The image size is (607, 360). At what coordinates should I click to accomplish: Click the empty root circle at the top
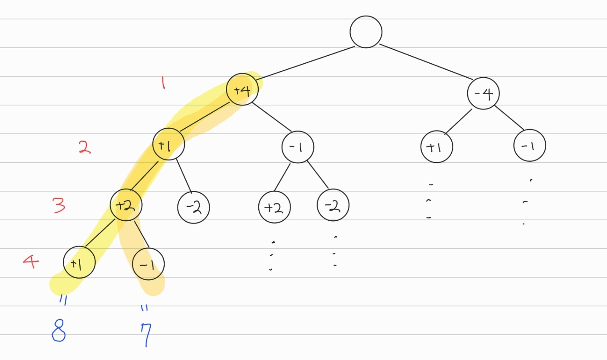click(x=366, y=32)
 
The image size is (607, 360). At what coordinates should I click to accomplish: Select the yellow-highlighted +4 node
click(x=242, y=89)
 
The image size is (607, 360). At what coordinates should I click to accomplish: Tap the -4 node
click(x=483, y=93)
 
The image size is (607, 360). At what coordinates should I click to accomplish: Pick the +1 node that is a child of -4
click(x=436, y=147)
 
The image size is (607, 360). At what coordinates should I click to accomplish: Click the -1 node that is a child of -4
click(x=529, y=146)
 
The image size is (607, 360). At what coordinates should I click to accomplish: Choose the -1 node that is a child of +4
click(x=298, y=147)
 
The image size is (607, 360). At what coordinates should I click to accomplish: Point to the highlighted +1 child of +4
click(x=168, y=144)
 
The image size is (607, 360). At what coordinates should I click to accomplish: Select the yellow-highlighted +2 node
click(x=126, y=205)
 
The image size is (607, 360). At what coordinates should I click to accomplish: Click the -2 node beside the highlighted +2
click(x=194, y=207)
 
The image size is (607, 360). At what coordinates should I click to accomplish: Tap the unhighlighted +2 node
click(x=274, y=207)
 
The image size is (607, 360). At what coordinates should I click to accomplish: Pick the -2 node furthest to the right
click(x=333, y=205)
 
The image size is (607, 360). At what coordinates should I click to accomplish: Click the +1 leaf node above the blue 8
click(x=79, y=263)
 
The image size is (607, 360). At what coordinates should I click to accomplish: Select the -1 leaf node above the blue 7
click(x=148, y=264)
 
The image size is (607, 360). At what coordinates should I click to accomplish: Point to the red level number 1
click(x=163, y=82)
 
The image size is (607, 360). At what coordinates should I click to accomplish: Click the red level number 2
click(x=84, y=147)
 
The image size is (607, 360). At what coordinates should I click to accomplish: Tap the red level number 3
click(x=59, y=205)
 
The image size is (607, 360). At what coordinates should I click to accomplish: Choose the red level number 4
click(x=31, y=262)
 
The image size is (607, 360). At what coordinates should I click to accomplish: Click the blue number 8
click(x=59, y=330)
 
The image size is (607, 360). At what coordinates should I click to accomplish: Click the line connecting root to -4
click(x=426, y=62)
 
